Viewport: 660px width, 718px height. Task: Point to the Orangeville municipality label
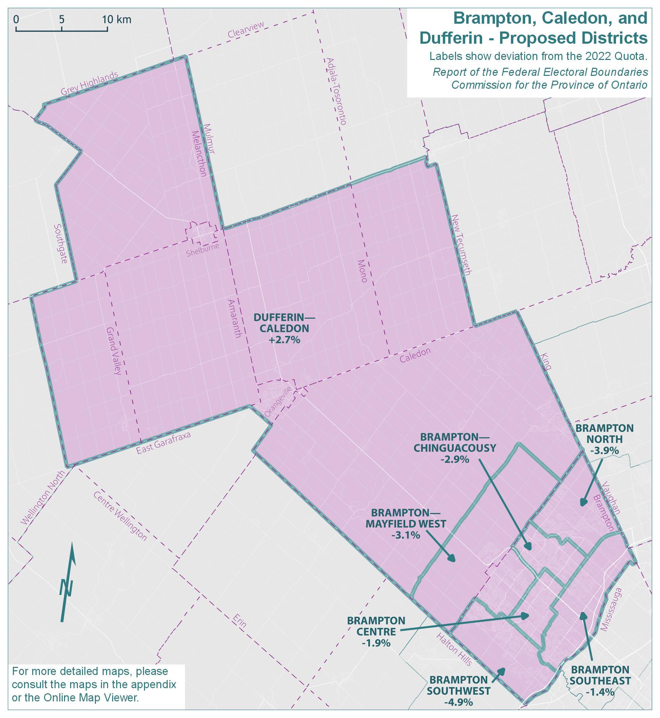pos(279,402)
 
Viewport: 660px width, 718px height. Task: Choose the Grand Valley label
pos(114,350)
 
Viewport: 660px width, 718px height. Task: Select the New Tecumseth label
pos(461,245)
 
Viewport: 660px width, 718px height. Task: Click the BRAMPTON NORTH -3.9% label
pos(604,439)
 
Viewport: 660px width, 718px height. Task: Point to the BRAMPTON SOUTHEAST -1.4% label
pos(600,680)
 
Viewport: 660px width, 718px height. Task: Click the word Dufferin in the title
pos(451,38)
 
